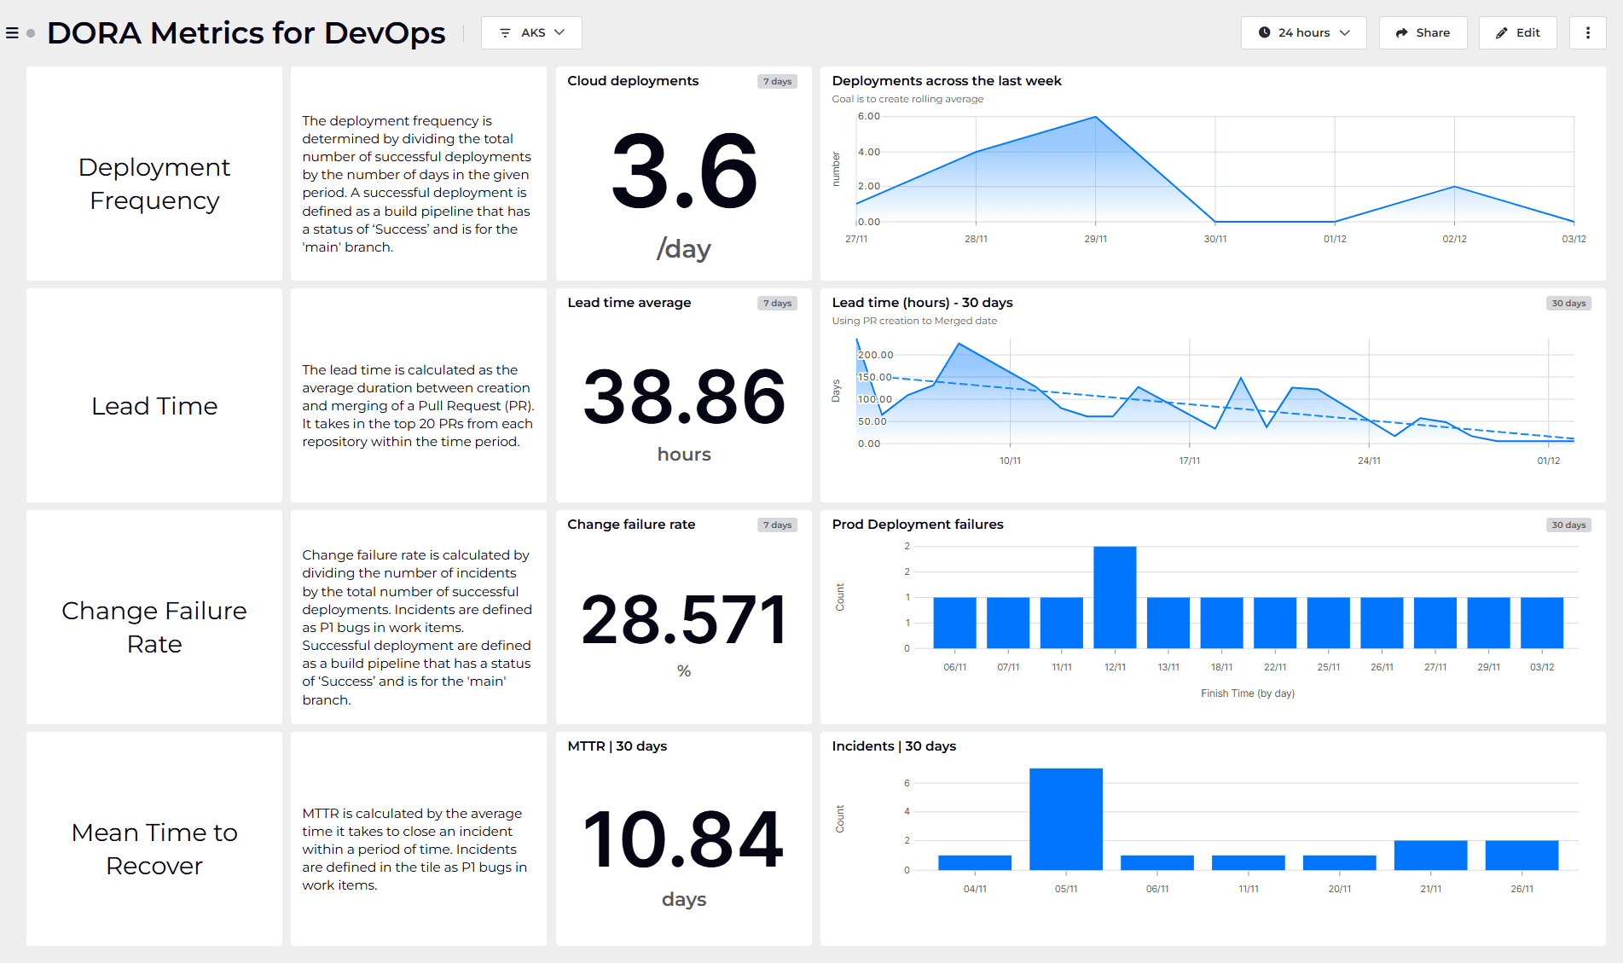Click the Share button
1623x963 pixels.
(x=1423, y=32)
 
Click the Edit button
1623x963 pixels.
(x=1517, y=32)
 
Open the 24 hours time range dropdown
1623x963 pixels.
(x=1303, y=32)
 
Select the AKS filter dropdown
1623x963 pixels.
(x=531, y=32)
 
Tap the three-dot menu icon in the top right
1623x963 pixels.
(x=1587, y=32)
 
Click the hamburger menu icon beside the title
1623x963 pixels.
(x=12, y=33)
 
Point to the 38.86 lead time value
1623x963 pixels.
(x=683, y=397)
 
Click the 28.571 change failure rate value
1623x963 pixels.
(x=683, y=620)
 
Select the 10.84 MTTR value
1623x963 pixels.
(x=683, y=841)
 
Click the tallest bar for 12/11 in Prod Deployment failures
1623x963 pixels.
(x=1115, y=597)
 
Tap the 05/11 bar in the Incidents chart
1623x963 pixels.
(x=1065, y=819)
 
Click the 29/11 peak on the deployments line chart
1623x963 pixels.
(x=1096, y=118)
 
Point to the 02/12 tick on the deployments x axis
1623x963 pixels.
(x=1454, y=239)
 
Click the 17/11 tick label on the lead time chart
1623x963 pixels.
(x=1189, y=461)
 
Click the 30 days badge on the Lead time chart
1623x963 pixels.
(x=1568, y=304)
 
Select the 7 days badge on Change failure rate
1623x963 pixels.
(x=777, y=525)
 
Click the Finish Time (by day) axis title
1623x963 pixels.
(x=1247, y=693)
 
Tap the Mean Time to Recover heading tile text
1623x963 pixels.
(x=154, y=848)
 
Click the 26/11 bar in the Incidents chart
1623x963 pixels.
(x=1522, y=856)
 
